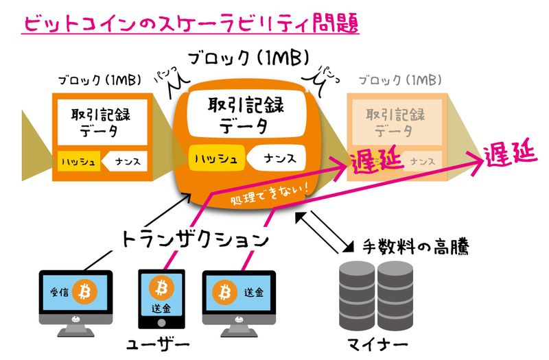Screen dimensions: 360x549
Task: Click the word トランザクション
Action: (x=194, y=240)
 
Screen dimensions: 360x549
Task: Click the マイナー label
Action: (x=377, y=343)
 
